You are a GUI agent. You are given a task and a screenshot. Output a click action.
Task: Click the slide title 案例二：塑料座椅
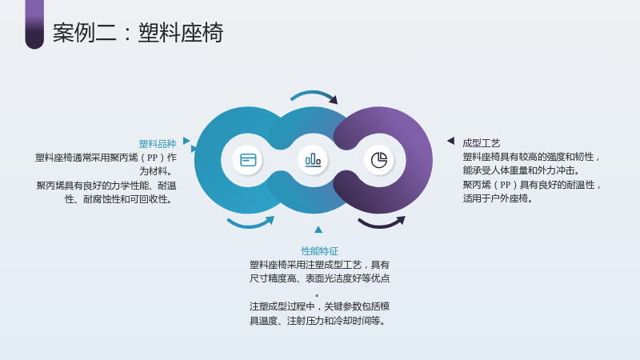pos(138,33)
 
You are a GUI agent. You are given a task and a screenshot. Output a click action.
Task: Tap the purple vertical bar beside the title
pos(34,25)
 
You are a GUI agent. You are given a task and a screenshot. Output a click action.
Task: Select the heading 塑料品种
pos(158,144)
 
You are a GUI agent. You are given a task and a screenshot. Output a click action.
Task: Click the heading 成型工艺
pos(482,143)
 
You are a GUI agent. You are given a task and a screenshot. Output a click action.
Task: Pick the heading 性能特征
pos(319,251)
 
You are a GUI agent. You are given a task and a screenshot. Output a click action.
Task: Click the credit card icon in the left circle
pos(248,160)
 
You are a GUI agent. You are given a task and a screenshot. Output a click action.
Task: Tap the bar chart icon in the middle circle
pos(313,159)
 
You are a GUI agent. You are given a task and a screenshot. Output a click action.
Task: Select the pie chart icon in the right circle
pos(378,160)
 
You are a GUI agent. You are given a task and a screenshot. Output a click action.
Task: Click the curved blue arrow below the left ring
pos(250,224)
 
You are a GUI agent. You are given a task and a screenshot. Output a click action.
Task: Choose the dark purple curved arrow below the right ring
pos(381,224)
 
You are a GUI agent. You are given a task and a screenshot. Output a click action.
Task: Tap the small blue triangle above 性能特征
pos(318,230)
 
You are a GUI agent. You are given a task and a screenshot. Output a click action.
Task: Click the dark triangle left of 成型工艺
pos(450,141)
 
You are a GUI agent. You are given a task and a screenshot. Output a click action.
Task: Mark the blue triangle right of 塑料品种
pos(186,141)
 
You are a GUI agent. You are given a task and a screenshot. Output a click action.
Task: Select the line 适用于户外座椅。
pos(498,198)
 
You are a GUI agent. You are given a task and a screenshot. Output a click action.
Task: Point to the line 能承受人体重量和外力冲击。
pos(521,170)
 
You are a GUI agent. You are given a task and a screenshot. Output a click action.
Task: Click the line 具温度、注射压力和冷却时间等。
pos(318,321)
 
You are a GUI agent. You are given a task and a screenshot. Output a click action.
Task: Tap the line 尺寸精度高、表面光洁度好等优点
pos(319,278)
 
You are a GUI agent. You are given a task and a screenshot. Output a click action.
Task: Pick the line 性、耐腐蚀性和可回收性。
pos(118,199)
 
